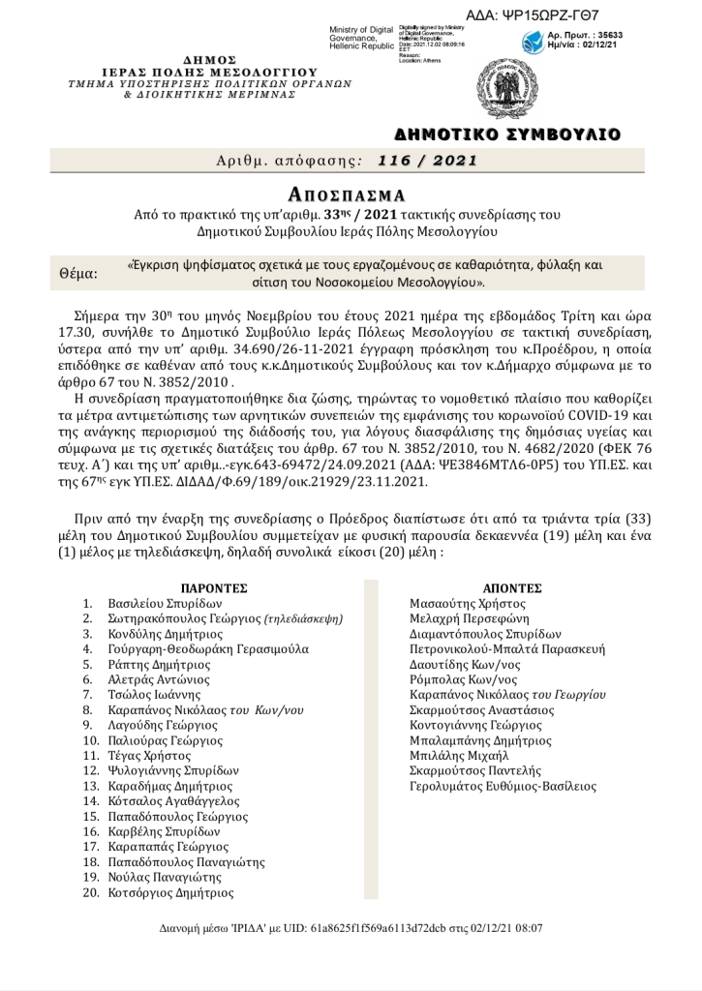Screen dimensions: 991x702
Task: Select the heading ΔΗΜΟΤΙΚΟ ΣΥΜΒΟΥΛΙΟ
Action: (x=507, y=134)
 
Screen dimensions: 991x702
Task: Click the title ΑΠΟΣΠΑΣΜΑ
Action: (x=351, y=194)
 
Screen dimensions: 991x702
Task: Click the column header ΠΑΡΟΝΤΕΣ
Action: (x=215, y=587)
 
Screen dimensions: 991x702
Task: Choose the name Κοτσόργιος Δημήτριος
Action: (x=171, y=893)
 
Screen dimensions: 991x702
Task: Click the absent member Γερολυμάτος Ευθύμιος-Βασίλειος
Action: (x=504, y=787)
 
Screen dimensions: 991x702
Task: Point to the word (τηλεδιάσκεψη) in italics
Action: (x=305, y=618)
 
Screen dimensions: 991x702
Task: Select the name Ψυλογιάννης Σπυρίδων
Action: (x=173, y=771)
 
